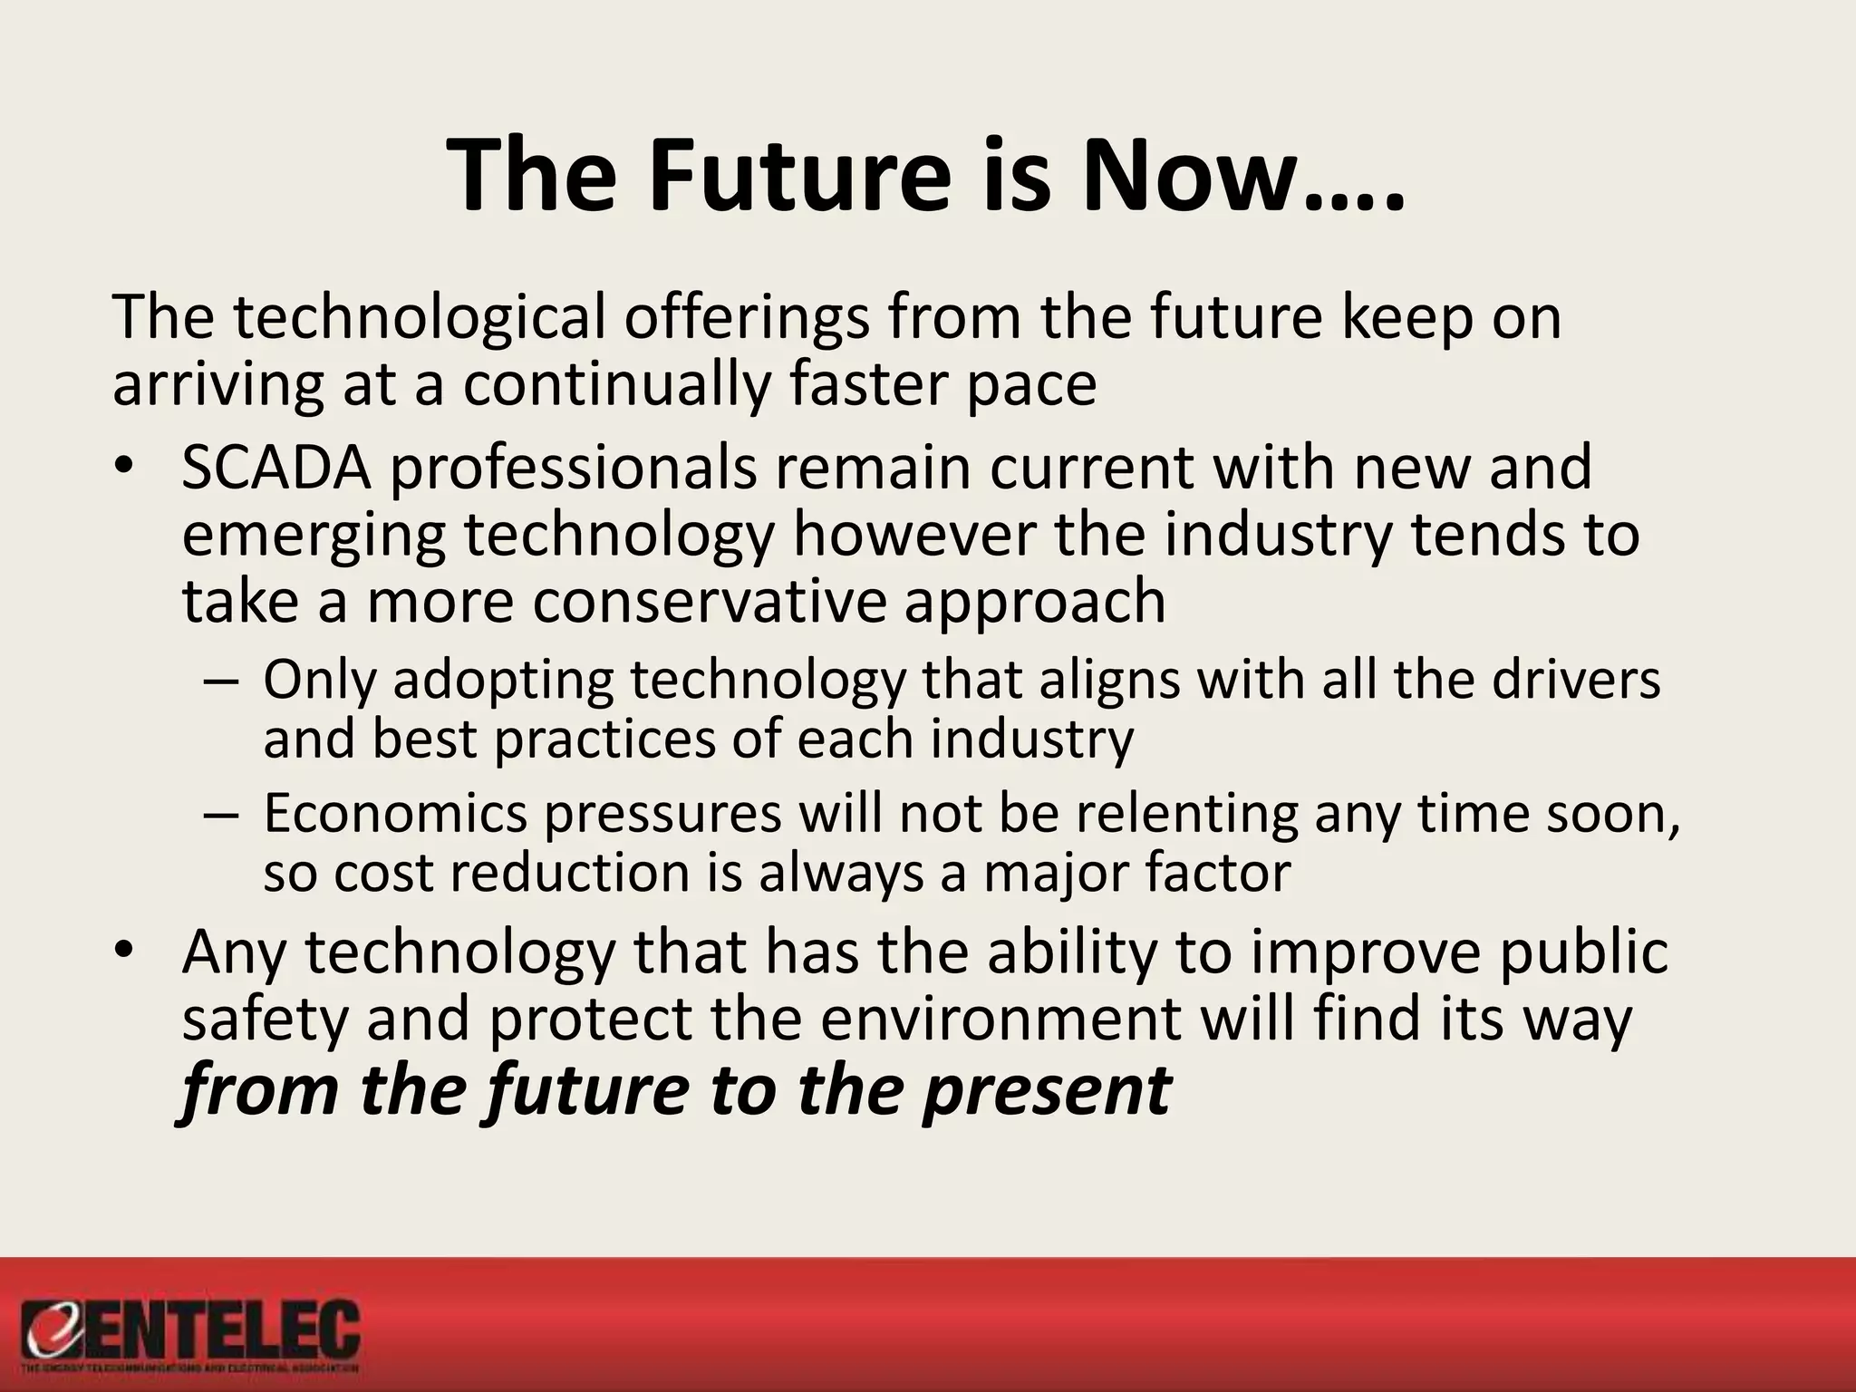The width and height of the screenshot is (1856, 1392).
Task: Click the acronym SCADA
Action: [276, 468]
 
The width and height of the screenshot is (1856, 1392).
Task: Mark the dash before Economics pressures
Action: [220, 813]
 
